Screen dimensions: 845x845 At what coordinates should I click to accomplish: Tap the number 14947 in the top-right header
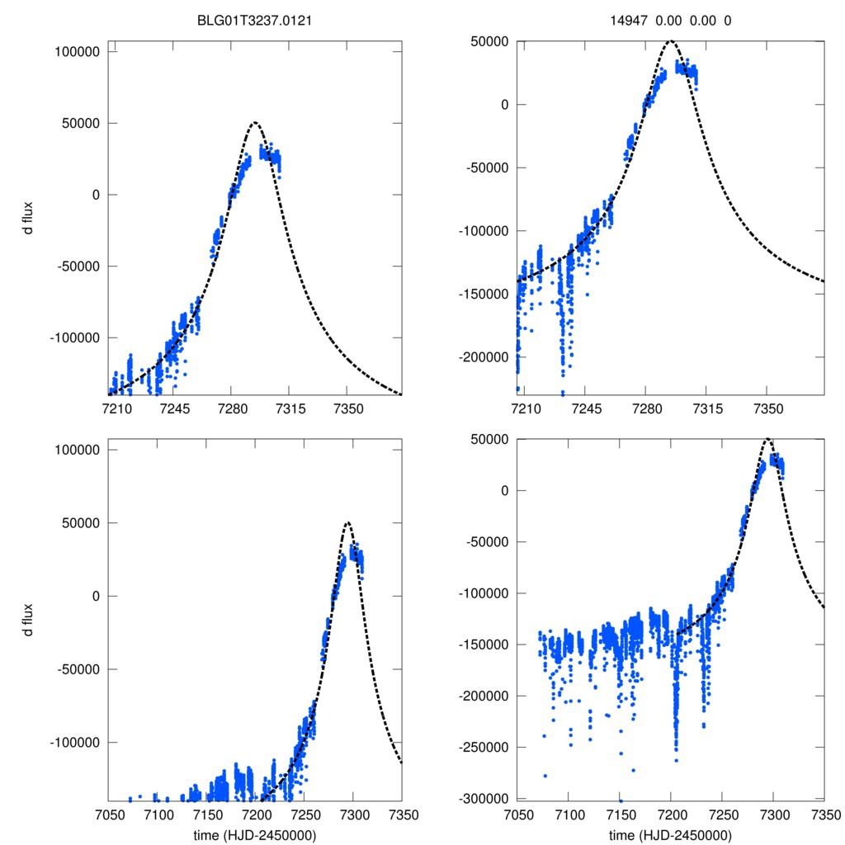(x=630, y=22)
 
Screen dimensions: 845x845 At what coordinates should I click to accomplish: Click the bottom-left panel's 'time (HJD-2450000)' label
(x=255, y=835)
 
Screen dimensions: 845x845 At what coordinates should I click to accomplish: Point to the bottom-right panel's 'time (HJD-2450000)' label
(x=670, y=835)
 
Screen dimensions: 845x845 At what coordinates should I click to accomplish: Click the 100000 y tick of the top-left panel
(x=76, y=51)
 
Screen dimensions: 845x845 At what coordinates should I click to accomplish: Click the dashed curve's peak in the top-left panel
(x=254, y=123)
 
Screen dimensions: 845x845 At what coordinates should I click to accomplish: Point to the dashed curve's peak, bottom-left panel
(x=347, y=522)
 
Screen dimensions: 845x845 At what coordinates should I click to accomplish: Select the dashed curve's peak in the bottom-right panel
(x=768, y=439)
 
